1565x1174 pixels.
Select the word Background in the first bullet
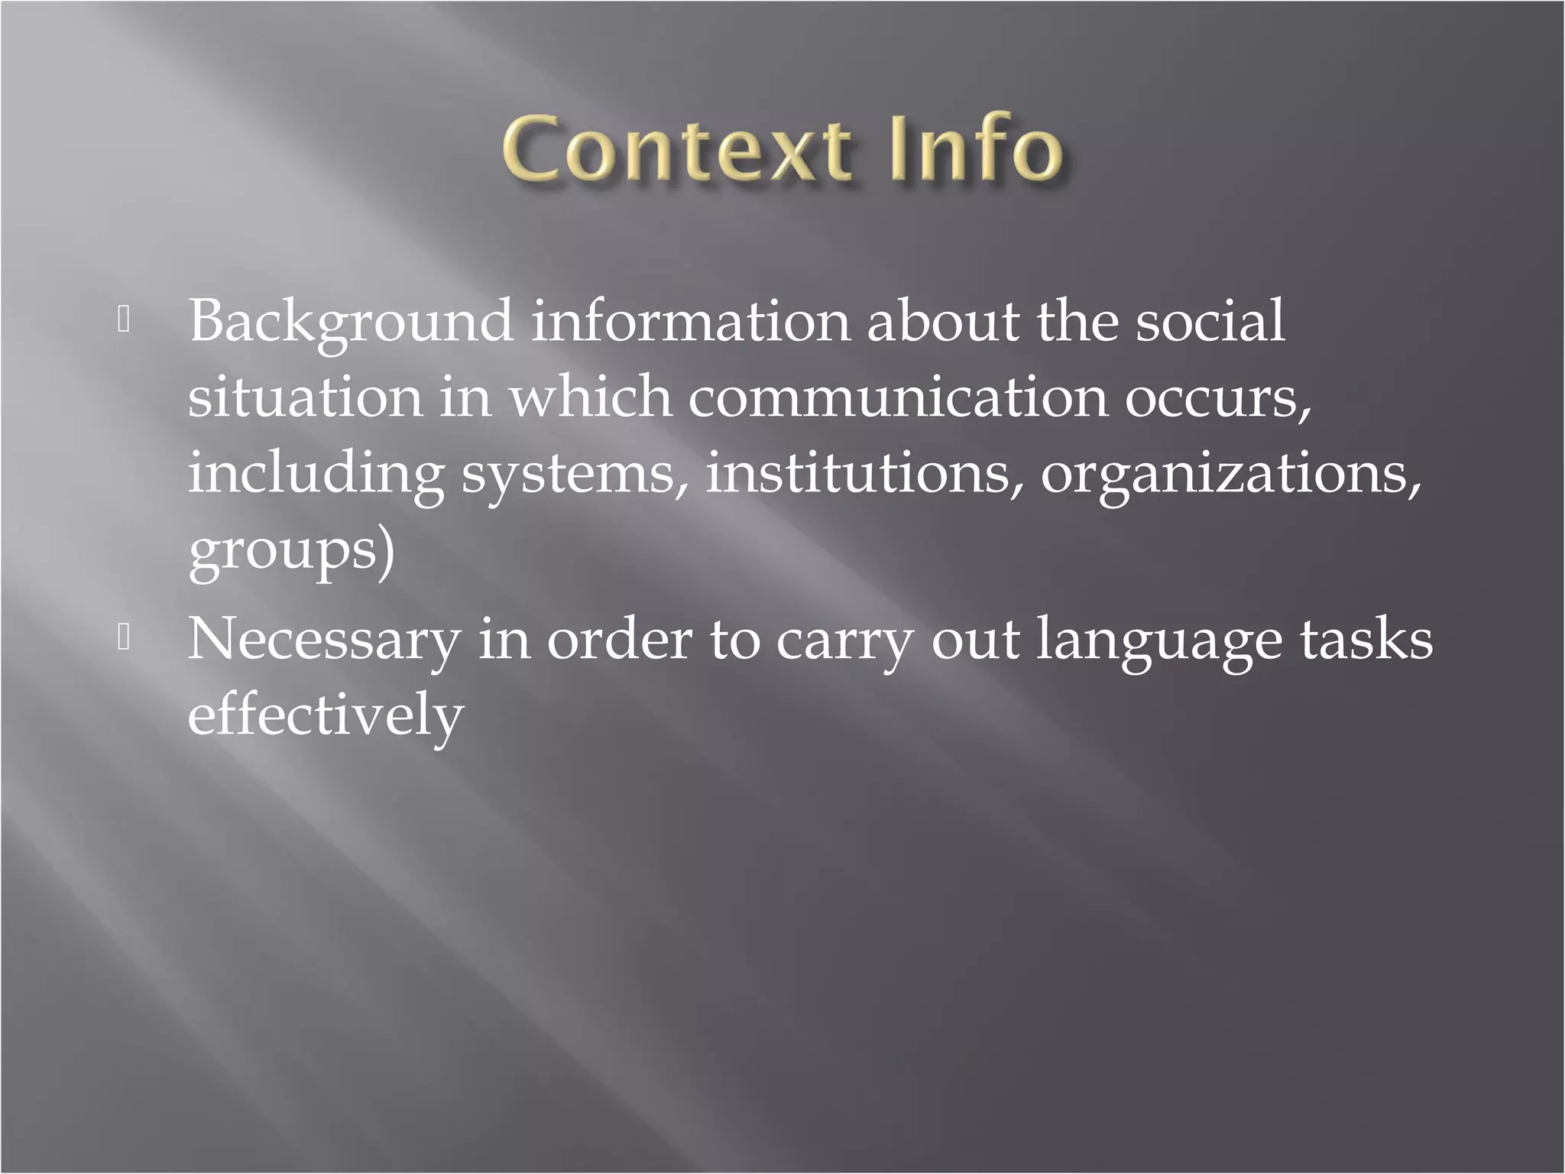click(x=350, y=323)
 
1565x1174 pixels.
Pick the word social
click(x=1210, y=321)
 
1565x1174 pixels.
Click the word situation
click(x=305, y=397)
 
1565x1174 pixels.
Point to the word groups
click(x=284, y=552)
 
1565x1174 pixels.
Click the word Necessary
click(x=323, y=641)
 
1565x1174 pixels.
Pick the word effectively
click(x=326, y=715)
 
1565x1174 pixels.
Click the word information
click(x=690, y=321)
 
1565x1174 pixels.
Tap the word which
click(x=590, y=397)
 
